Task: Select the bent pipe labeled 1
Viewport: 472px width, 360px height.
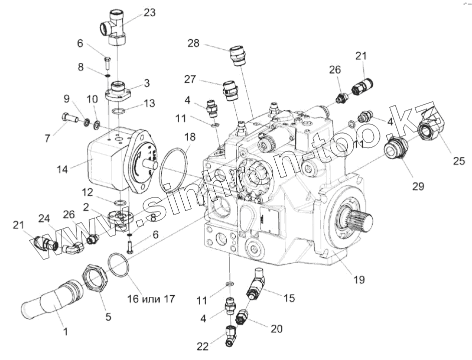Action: (x=50, y=303)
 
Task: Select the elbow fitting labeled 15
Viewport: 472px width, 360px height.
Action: (x=256, y=285)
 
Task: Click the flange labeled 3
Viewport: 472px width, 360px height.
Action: (x=120, y=90)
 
